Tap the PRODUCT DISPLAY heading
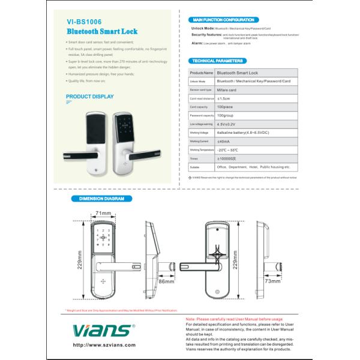(89, 96)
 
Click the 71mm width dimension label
(104, 213)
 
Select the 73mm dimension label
(273, 280)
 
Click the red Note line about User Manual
(235, 319)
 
